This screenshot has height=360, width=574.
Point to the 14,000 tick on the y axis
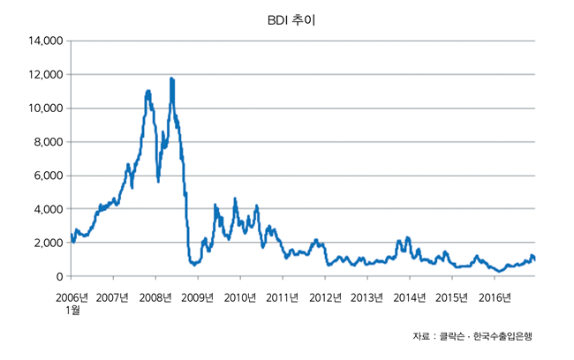[43, 41]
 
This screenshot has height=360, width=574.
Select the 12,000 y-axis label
[43, 74]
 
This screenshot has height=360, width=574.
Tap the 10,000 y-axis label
[43, 108]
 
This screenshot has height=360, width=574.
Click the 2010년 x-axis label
[239, 296]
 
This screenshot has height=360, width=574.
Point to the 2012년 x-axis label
[324, 296]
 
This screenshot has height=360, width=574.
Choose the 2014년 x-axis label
[409, 296]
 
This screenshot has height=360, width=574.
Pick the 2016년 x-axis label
[494, 296]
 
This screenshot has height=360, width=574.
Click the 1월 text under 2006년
[72, 310]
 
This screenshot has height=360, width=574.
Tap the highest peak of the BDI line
[171, 79]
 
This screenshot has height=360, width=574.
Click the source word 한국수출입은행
[503, 336]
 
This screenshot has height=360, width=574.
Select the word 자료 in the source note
[421, 336]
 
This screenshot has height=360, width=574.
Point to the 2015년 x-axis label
[451, 296]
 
